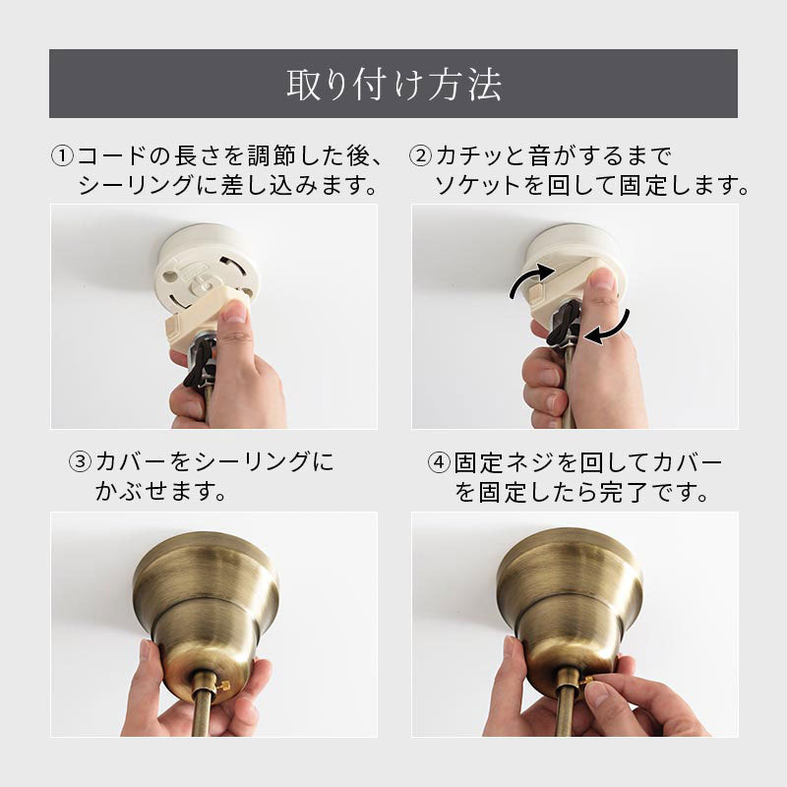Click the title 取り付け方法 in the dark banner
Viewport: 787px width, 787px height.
click(x=394, y=85)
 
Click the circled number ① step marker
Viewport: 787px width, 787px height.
click(x=63, y=156)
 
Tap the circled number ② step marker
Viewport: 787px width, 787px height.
click(x=421, y=156)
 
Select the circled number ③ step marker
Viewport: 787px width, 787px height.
click(x=81, y=461)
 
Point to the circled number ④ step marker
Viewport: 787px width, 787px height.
click(x=439, y=461)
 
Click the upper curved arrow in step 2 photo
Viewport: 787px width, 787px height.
click(x=529, y=277)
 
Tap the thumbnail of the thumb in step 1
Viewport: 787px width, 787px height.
click(x=235, y=311)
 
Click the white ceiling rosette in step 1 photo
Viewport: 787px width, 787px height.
click(x=207, y=266)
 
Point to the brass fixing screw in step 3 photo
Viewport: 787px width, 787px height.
click(x=223, y=685)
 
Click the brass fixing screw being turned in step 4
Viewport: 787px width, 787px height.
click(x=585, y=682)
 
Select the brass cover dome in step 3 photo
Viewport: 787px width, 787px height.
click(x=206, y=606)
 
